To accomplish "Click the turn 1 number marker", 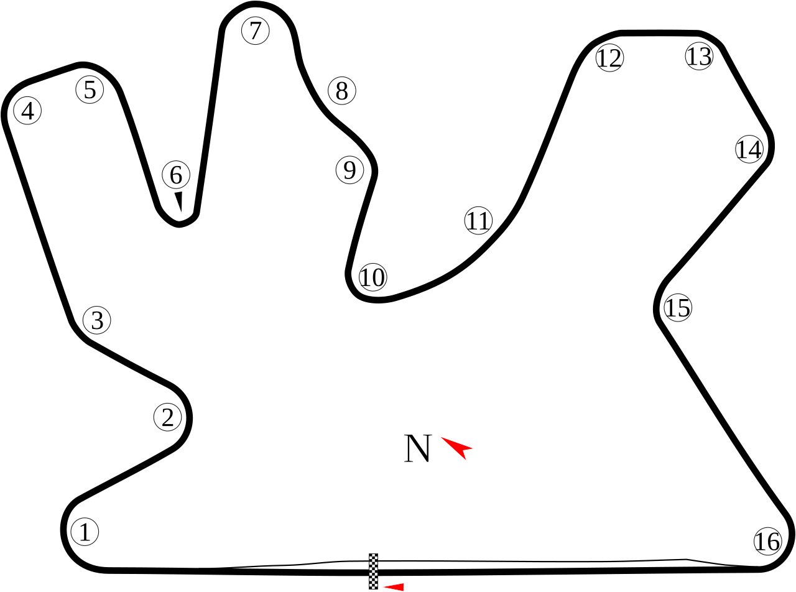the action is pyautogui.click(x=85, y=532).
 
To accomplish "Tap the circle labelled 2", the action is pyautogui.click(x=167, y=417).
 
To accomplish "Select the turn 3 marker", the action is pyautogui.click(x=97, y=321).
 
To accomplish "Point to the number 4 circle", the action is pyautogui.click(x=27, y=111).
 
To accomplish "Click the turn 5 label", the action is pyautogui.click(x=90, y=90).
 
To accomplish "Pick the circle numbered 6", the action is pyautogui.click(x=176, y=175).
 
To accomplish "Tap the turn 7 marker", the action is pyautogui.click(x=256, y=30).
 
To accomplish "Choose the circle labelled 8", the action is pyautogui.click(x=341, y=91).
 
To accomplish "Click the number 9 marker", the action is pyautogui.click(x=349, y=170).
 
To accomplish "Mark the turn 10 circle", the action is pyautogui.click(x=373, y=277).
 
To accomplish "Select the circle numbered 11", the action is pyautogui.click(x=478, y=221).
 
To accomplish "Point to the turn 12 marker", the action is pyautogui.click(x=609, y=58).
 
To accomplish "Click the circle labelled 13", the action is pyautogui.click(x=699, y=56).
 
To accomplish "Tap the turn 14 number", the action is pyautogui.click(x=749, y=149).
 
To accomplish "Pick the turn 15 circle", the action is pyautogui.click(x=678, y=308).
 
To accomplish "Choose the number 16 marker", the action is pyautogui.click(x=767, y=541).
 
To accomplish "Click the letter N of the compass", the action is pyautogui.click(x=417, y=449).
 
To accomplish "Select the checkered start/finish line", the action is pyautogui.click(x=373, y=570).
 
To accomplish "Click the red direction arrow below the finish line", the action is pyautogui.click(x=394, y=586).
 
